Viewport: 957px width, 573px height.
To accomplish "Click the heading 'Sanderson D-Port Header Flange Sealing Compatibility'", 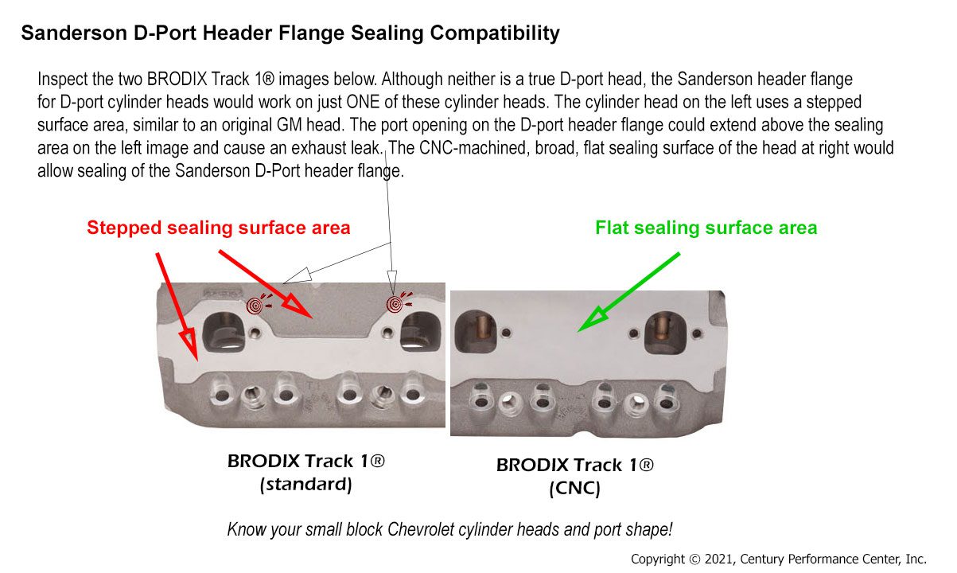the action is [x=290, y=33].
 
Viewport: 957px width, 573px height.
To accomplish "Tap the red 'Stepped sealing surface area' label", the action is [x=218, y=228].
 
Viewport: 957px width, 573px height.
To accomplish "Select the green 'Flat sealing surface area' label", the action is [x=706, y=228].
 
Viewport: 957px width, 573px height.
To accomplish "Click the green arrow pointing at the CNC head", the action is [x=628, y=292].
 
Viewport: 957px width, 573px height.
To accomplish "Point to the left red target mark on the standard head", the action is [x=255, y=305].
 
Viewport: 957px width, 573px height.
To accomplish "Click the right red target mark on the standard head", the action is [x=395, y=304].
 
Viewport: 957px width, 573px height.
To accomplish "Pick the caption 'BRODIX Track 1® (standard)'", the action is [x=306, y=473].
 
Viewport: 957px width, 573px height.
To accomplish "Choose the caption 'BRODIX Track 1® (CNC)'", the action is [x=575, y=477].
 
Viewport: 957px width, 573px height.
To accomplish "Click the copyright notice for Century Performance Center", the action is [x=779, y=559].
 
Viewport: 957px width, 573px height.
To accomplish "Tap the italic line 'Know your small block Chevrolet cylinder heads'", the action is [x=450, y=529].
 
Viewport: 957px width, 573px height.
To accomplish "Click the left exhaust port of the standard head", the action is [x=224, y=332].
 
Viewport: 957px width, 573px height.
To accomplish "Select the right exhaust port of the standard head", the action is [x=420, y=332].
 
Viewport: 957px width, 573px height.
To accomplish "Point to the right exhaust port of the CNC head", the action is [x=665, y=333].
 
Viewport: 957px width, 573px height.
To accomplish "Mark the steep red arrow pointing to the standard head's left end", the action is [x=177, y=306].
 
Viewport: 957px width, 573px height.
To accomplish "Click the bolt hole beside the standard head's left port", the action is [x=255, y=333].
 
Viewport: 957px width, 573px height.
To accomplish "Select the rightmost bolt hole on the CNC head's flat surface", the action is [x=697, y=333].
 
